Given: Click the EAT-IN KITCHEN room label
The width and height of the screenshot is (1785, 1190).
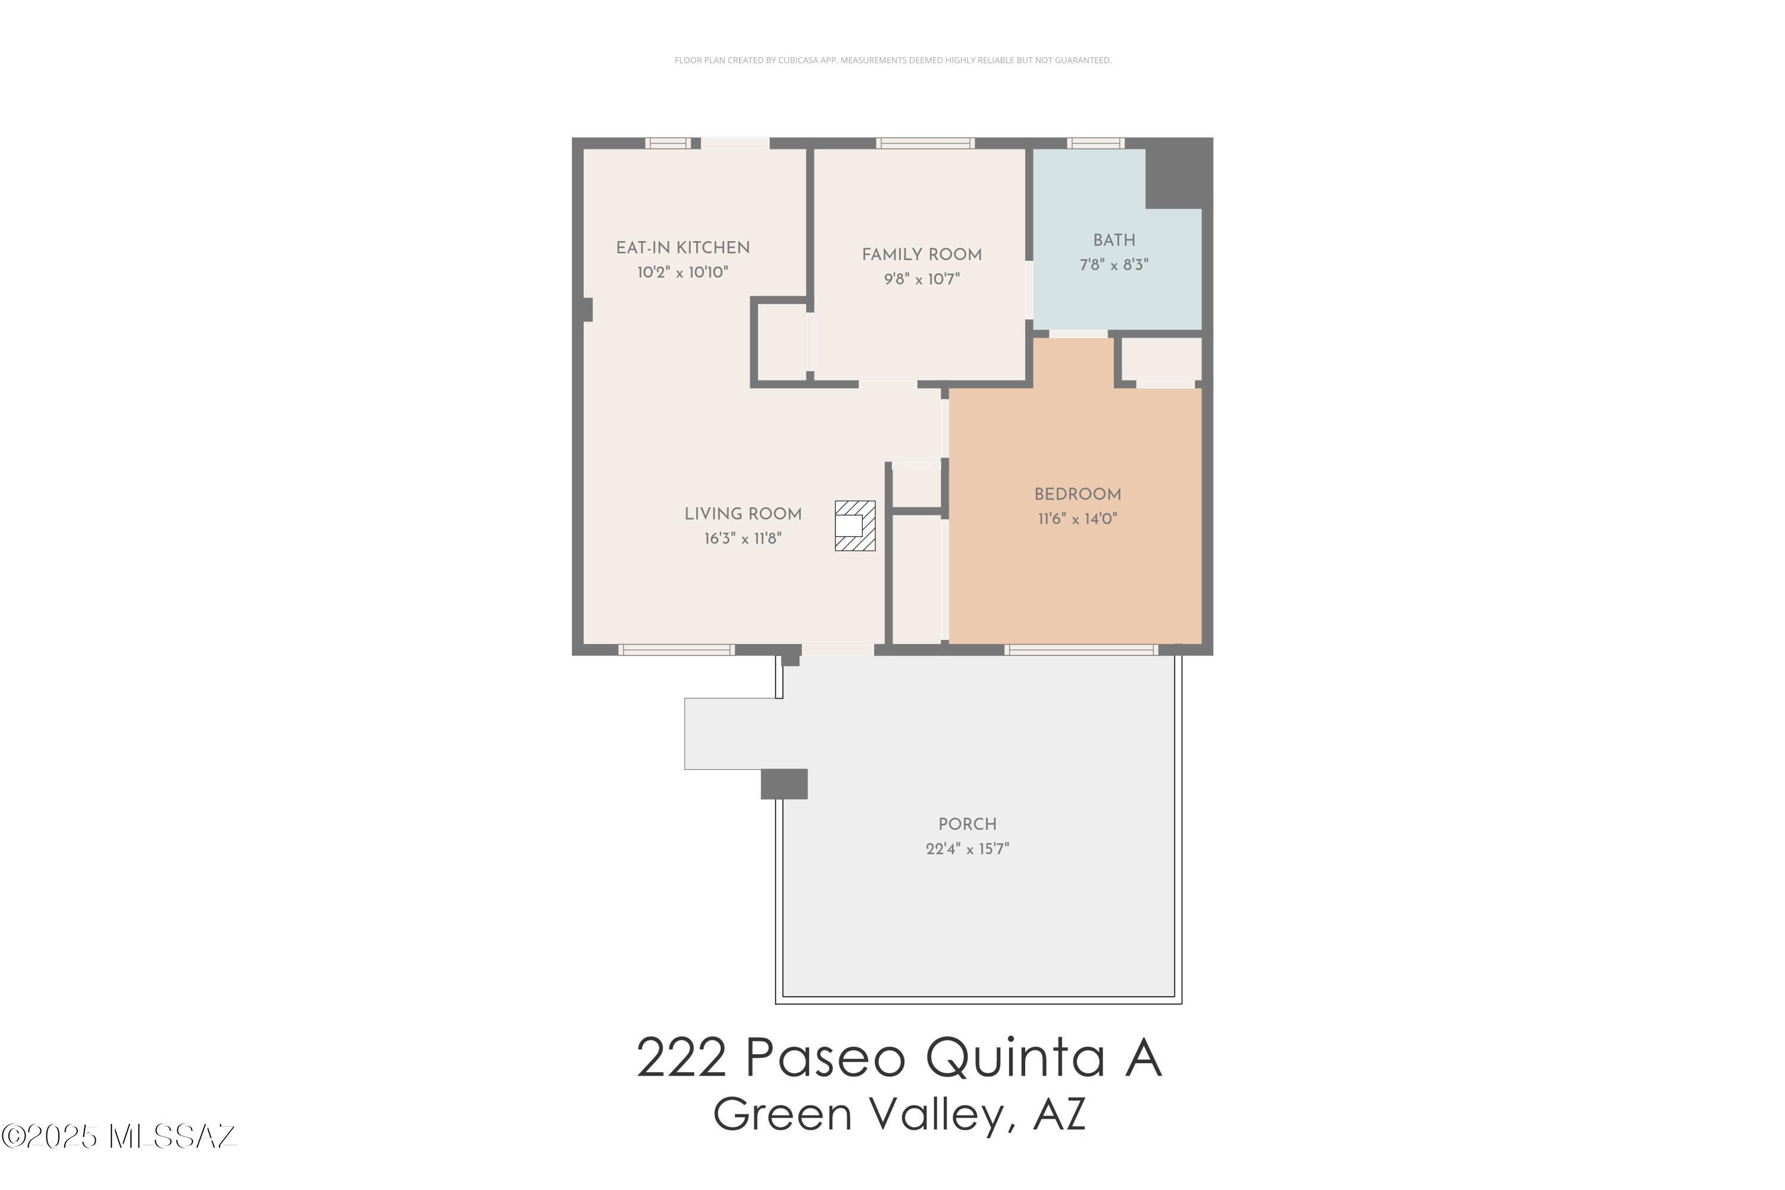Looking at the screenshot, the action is (x=682, y=248).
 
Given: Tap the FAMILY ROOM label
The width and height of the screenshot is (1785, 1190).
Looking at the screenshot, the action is (x=921, y=255).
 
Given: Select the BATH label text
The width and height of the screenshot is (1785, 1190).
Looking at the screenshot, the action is (x=1114, y=241).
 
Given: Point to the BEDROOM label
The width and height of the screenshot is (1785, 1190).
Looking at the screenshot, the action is (x=1077, y=495).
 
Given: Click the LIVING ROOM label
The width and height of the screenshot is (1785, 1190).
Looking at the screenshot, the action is (x=743, y=514).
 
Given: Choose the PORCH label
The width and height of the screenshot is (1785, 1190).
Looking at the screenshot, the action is (x=967, y=824).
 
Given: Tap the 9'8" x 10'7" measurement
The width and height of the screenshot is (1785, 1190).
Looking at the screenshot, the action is (x=922, y=279).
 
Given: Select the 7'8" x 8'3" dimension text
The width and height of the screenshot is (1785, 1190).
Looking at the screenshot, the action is (x=1114, y=265).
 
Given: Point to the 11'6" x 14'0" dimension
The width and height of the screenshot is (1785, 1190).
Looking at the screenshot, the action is (x=1077, y=519).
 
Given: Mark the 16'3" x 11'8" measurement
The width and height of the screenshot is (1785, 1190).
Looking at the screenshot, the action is (x=743, y=539).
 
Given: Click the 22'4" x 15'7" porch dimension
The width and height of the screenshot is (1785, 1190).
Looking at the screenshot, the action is (x=967, y=848).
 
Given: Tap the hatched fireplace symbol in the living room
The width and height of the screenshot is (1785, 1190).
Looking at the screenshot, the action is (x=855, y=525).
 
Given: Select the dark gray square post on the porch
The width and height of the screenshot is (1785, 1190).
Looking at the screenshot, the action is (x=784, y=784).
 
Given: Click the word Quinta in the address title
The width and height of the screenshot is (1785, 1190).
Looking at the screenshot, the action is (x=1015, y=1058).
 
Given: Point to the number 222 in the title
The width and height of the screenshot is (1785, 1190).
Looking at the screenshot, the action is (x=681, y=1058).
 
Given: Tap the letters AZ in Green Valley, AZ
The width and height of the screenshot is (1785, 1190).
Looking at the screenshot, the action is (x=1059, y=1114).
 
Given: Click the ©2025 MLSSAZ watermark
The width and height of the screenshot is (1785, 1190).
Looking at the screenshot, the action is (x=119, y=1136).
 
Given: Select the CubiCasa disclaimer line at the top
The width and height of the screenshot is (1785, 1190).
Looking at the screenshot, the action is (x=893, y=61).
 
